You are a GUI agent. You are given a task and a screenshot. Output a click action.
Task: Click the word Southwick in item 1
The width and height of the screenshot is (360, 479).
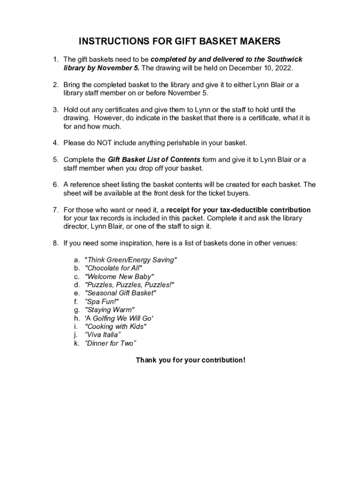[x=285, y=59]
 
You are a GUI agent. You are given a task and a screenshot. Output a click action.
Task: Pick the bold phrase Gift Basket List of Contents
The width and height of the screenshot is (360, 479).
[x=154, y=160]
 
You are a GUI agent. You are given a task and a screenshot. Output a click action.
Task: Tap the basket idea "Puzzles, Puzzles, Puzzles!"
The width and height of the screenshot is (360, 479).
[x=130, y=285]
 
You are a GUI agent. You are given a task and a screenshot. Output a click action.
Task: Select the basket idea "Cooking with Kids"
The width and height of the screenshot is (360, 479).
[x=115, y=327]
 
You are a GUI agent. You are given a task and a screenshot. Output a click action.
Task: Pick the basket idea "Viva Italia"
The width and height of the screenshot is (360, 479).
[x=102, y=335]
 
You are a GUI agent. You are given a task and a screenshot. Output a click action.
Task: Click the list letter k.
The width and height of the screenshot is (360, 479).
[x=76, y=343]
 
